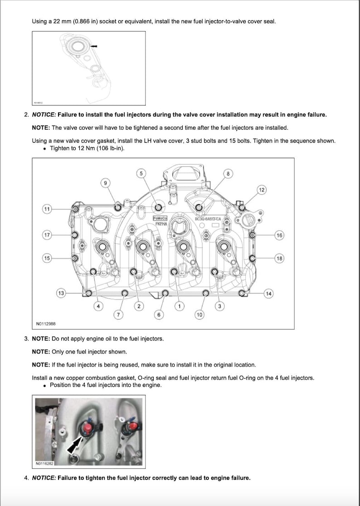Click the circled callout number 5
[x=141, y=173]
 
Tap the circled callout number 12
[x=262, y=189]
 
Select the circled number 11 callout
[x=47, y=209]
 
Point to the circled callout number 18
[x=279, y=258]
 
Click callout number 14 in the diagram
[x=268, y=294]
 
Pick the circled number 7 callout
[x=119, y=314]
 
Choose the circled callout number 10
[x=199, y=314]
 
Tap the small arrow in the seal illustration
[x=94, y=46]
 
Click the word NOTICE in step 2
[x=44, y=115]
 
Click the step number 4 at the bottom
[x=26, y=477]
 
